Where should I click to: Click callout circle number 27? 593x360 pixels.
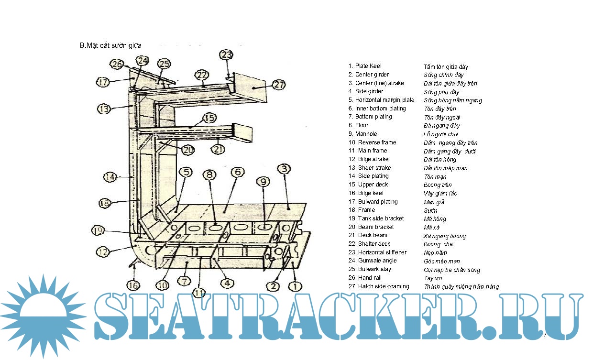pos(279,85)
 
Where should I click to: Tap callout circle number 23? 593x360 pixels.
pos(226,55)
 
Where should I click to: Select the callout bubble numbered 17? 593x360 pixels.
pos(103,82)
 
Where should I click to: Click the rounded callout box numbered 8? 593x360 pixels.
pos(209,175)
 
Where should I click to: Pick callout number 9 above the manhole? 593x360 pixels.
pos(263,181)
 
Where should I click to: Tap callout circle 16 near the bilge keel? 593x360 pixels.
pos(133,285)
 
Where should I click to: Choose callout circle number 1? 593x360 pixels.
pos(295,286)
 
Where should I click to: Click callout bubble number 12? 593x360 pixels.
pos(103,251)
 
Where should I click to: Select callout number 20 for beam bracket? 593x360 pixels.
pos(188,150)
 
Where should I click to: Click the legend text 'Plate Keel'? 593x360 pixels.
pos(368,66)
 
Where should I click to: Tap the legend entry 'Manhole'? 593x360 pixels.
pos(366,134)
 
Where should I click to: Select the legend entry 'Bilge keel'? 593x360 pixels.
pos(371,193)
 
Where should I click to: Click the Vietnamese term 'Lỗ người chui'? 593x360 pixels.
pos(441,134)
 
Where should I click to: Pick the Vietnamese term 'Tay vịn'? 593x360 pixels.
pos(433,278)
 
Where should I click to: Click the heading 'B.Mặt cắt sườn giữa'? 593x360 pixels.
pos(110,46)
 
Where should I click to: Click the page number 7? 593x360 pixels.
pos(544,335)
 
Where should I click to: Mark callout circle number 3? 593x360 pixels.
pos(284,168)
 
